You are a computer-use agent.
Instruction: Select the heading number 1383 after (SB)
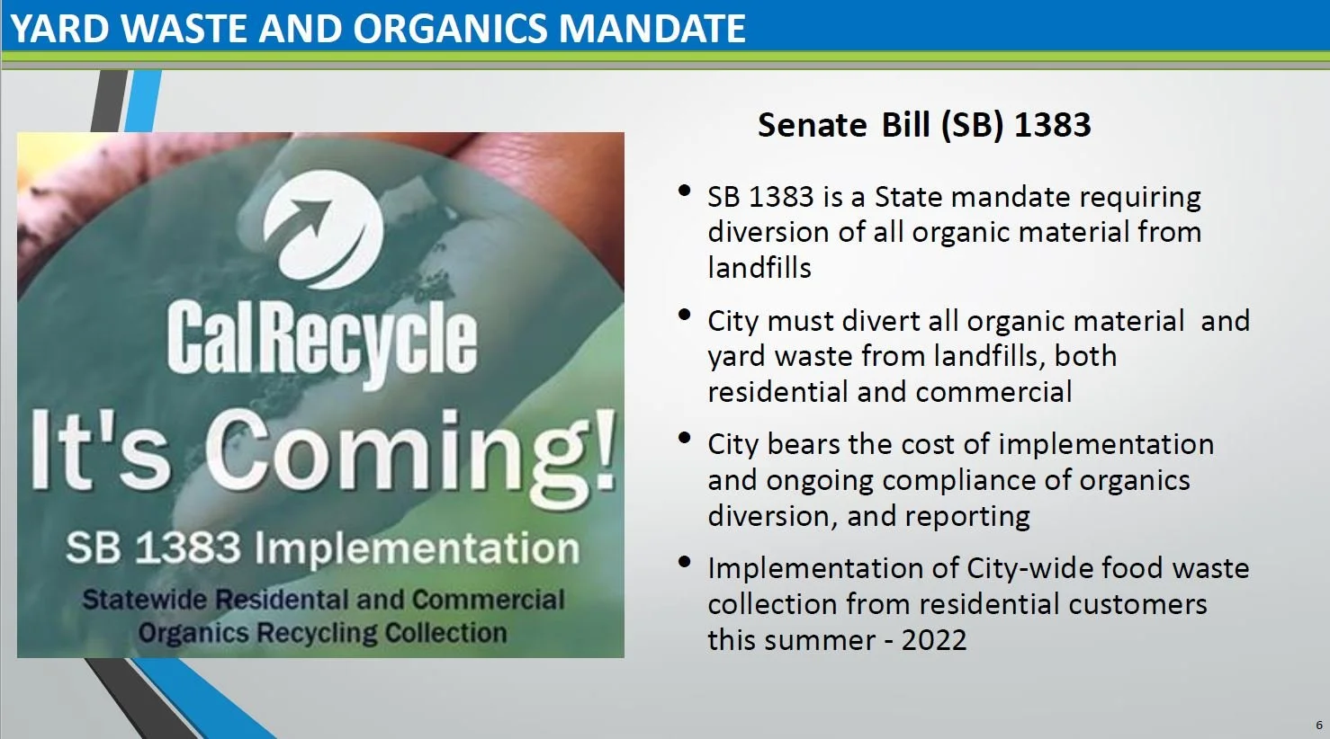pyautogui.click(x=1052, y=125)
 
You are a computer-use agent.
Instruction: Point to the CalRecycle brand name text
pyautogui.click(x=321, y=339)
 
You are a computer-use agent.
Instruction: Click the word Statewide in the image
pyautogui.click(x=146, y=600)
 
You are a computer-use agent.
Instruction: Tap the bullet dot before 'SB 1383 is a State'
pyautogui.click(x=685, y=191)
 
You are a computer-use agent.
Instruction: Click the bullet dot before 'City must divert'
pyautogui.click(x=685, y=315)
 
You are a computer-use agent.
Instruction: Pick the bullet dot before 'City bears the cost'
pyautogui.click(x=685, y=438)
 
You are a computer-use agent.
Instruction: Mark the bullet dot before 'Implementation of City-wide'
pyautogui.click(x=685, y=562)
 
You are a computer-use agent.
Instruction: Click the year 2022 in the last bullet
pyautogui.click(x=933, y=640)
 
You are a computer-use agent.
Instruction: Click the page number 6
pyautogui.click(x=1319, y=725)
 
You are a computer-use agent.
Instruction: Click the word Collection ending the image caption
pyautogui.click(x=445, y=633)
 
